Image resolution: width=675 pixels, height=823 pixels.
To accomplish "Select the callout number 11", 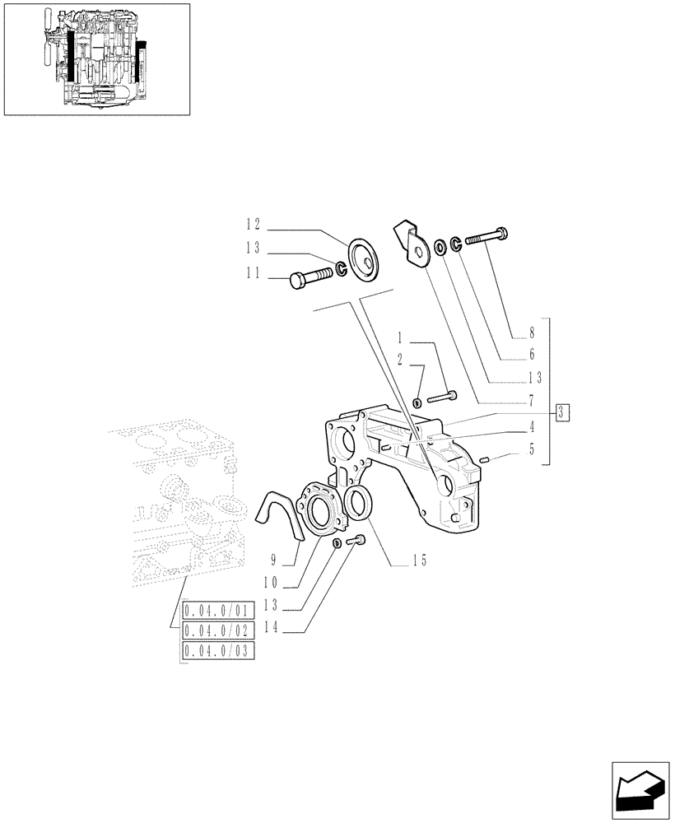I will (252, 276).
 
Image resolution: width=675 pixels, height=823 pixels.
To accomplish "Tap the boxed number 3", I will (561, 412).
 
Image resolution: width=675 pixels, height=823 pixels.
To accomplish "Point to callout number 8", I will (532, 333).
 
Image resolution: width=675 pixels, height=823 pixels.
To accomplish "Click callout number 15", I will (421, 561).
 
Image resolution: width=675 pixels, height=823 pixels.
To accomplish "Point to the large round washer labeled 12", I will (362, 258).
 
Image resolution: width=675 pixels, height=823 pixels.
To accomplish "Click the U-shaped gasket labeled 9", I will (279, 514).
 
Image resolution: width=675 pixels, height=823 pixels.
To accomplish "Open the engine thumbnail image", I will (96, 59).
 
